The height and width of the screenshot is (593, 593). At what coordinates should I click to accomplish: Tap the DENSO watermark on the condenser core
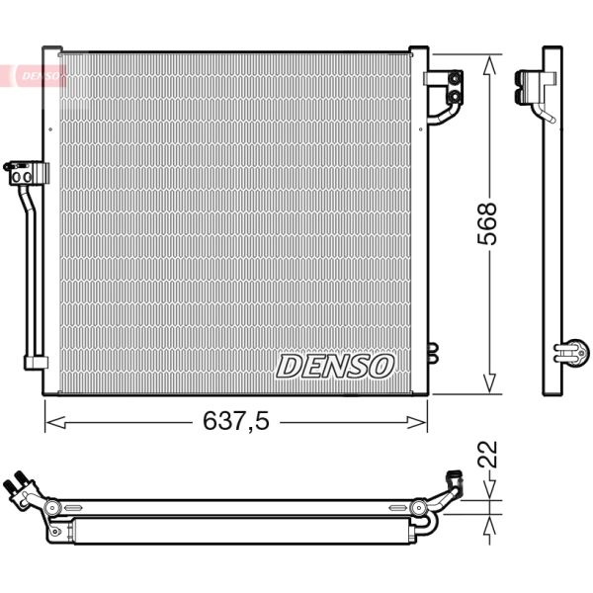pyautogui.click(x=334, y=366)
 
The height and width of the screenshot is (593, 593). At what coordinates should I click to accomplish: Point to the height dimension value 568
pyautogui.click(x=486, y=223)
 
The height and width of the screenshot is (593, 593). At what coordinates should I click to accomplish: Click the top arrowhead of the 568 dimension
pyautogui.click(x=486, y=62)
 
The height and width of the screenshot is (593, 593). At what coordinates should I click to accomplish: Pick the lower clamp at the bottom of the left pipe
pyautogui.click(x=35, y=362)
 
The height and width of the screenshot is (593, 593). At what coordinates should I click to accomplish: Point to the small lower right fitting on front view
pyautogui.click(x=431, y=350)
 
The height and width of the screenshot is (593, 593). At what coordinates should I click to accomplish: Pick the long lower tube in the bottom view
pyautogui.click(x=237, y=532)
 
